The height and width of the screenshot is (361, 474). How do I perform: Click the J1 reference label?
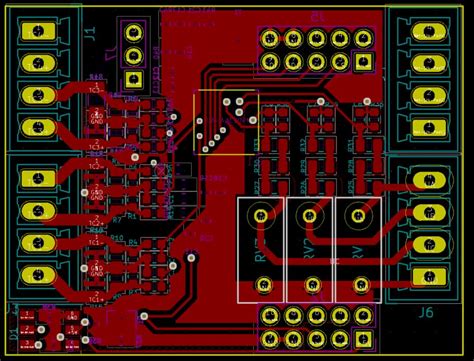89,33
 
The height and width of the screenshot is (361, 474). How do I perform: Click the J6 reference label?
426,312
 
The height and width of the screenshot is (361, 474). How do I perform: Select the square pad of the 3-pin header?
134,79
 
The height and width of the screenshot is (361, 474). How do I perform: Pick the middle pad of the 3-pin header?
134,57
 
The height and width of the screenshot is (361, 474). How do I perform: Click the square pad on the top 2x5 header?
362,62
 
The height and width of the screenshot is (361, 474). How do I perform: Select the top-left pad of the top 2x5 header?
270,39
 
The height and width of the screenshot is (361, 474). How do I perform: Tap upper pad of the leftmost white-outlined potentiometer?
262,213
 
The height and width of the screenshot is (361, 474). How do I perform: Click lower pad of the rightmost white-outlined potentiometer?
356,286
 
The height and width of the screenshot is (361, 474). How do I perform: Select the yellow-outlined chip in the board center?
225,122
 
